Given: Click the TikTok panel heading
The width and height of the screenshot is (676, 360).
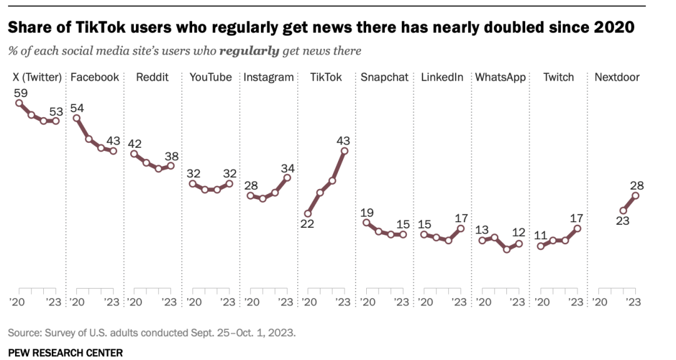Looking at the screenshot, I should point(325,78).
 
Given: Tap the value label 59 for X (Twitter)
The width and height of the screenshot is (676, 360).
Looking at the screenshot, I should point(20,93).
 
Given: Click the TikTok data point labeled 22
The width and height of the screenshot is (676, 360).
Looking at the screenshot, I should point(307,213).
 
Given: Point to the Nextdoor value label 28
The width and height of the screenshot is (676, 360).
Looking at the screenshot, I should point(637,185).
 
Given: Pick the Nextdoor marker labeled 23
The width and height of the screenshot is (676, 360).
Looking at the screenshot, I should point(623,211).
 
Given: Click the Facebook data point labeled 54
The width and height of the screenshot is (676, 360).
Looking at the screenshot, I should point(76,118).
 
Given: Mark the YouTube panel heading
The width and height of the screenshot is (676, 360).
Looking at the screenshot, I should point(210,78).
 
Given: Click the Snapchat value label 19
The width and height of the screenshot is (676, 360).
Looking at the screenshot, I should point(367,212).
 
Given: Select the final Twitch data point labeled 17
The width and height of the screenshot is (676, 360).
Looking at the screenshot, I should point(577,229).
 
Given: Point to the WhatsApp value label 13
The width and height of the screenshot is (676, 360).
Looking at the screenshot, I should point(483,229).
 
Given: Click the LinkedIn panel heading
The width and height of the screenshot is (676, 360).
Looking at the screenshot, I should point(442,78).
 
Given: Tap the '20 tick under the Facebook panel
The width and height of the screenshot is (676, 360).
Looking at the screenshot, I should point(77,302).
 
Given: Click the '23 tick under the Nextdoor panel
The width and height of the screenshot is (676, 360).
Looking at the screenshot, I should point(633,302).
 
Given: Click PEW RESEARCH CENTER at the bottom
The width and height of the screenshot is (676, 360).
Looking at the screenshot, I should point(66,352).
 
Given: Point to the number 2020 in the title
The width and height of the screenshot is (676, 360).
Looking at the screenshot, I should point(613,28).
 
